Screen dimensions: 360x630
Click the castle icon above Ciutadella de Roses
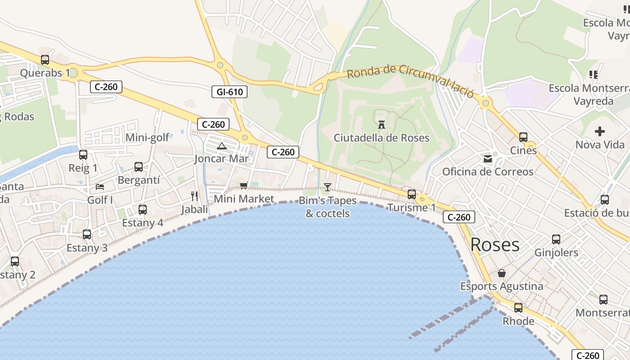pyautogui.click(x=382, y=124)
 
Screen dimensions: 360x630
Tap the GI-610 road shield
pyautogui.click(x=229, y=92)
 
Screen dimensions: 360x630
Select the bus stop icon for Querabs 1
pyautogui.click(x=45, y=59)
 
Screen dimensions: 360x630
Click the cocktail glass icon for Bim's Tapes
pyautogui.click(x=328, y=187)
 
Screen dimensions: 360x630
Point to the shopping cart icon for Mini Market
pyautogui.click(x=244, y=185)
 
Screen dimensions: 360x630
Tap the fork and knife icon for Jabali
pyautogui.click(x=194, y=196)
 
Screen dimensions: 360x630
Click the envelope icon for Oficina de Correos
pyautogui.click(x=488, y=158)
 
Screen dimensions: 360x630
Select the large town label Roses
pyautogui.click(x=495, y=245)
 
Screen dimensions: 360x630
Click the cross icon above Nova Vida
pyautogui.click(x=600, y=131)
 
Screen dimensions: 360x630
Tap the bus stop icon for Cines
pyautogui.click(x=523, y=137)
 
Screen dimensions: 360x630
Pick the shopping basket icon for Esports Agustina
pyautogui.click(x=502, y=273)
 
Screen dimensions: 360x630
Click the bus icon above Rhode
pyautogui.click(x=518, y=308)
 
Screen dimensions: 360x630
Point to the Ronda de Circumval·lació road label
pyautogui.click(x=410, y=80)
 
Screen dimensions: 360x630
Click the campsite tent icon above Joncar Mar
pyautogui.click(x=221, y=145)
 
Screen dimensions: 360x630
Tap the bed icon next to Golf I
pyautogui.click(x=100, y=186)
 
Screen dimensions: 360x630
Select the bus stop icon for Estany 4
pyautogui.click(x=143, y=209)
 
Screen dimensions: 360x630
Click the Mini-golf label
pyautogui.click(x=148, y=138)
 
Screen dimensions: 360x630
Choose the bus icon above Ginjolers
pyautogui.click(x=556, y=239)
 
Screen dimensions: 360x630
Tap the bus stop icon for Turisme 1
pyautogui.click(x=412, y=194)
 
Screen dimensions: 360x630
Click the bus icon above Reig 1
pyautogui.click(x=83, y=155)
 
